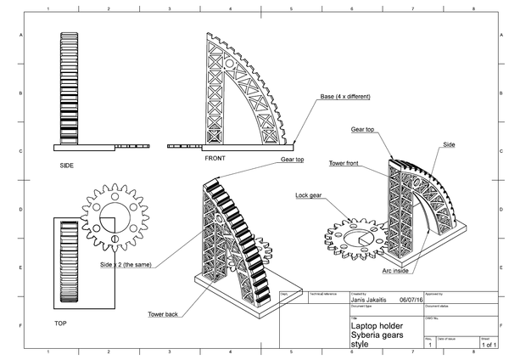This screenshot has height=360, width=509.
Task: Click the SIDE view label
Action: click(66, 166)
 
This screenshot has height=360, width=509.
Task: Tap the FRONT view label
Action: click(215, 159)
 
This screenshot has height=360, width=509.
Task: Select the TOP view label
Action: click(59, 323)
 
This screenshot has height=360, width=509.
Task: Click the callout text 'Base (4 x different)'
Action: click(343, 96)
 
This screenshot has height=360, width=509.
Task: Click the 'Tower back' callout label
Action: click(162, 314)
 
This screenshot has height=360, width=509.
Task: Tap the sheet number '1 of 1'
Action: click(489, 346)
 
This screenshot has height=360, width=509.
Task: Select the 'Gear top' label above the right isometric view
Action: click(364, 130)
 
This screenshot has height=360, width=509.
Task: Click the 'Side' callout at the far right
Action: click(449, 145)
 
